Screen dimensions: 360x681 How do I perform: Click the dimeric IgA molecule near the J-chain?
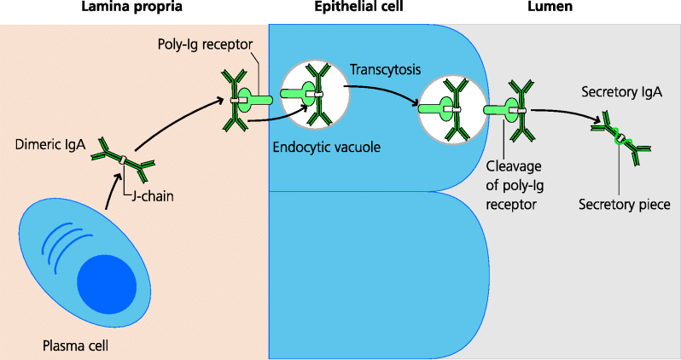(124, 158)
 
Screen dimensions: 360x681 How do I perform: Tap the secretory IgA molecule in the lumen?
(621, 140)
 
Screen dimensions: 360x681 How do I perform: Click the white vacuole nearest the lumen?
(452, 109)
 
